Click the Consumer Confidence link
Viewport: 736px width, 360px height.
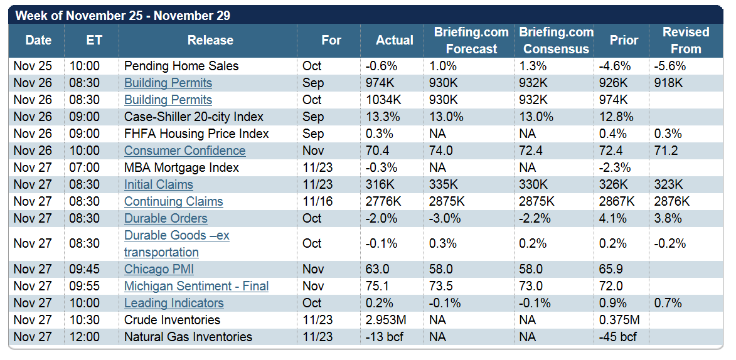pyautogui.click(x=184, y=151)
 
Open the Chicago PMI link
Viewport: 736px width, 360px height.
pyautogui.click(x=159, y=269)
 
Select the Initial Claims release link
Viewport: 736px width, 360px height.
pyautogui.click(x=158, y=184)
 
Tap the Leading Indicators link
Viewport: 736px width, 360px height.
pyautogui.click(x=174, y=303)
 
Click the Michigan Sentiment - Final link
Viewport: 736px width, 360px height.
pyautogui.click(x=196, y=286)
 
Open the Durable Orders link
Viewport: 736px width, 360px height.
pyautogui.click(x=166, y=218)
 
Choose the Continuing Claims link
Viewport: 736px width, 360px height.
pyautogui.click(x=173, y=201)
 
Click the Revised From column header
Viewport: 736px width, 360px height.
pyautogui.click(x=686, y=40)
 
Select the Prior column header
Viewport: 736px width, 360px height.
pyautogui.click(x=624, y=40)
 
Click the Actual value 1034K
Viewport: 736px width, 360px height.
pyautogui.click(x=383, y=100)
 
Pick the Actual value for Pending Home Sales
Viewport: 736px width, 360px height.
pyautogui.click(x=379, y=66)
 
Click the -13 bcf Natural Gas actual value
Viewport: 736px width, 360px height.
pyautogui.click(x=384, y=337)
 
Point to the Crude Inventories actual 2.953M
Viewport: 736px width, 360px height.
pyautogui.click(x=387, y=320)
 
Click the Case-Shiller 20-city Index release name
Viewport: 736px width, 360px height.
pyautogui.click(x=194, y=117)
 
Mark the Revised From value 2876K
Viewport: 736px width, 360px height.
pyautogui.click(x=671, y=201)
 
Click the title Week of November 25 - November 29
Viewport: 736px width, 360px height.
pyautogui.click(x=122, y=15)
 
